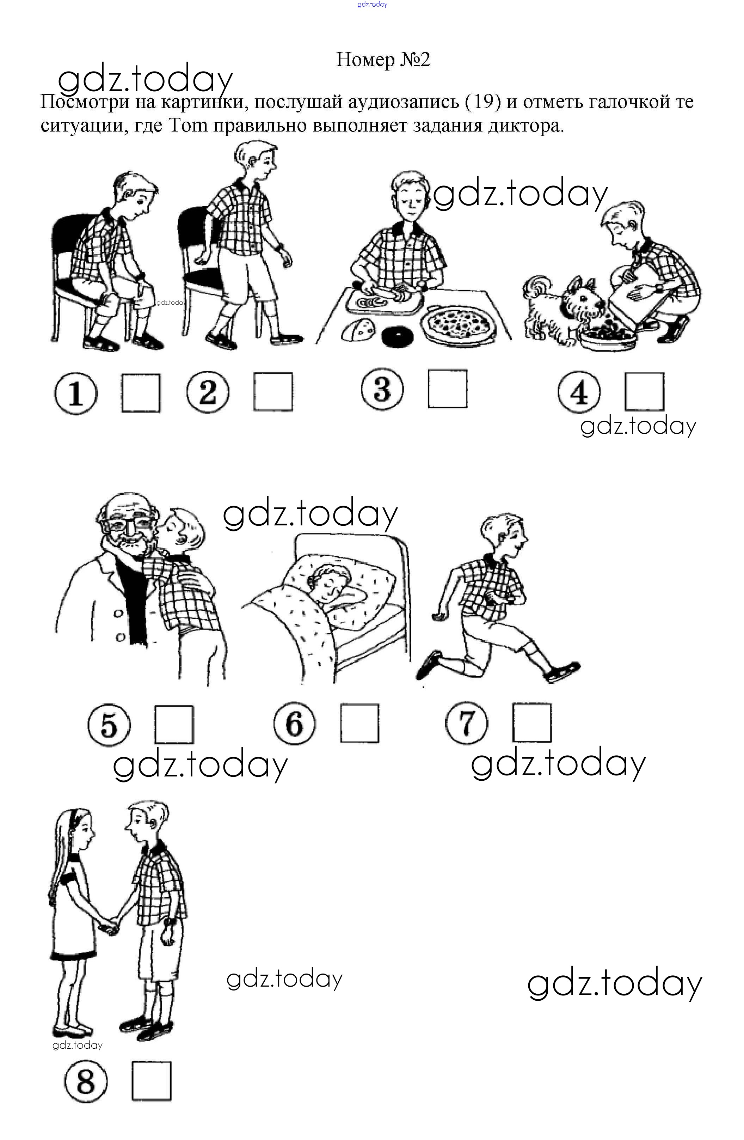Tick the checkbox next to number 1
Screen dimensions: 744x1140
(141, 392)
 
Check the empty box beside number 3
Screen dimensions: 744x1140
(448, 389)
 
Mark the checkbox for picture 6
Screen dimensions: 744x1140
(359, 723)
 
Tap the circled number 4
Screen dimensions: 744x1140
(579, 392)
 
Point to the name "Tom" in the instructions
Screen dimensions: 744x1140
(188, 126)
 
